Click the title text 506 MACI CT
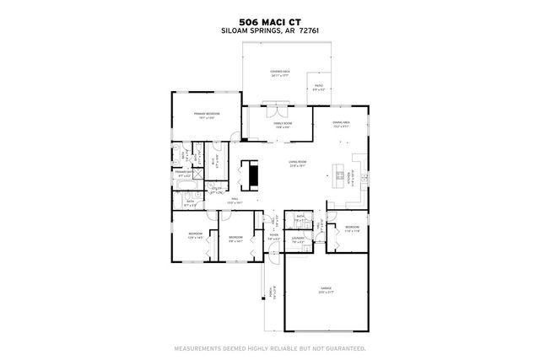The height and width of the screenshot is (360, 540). coord(269,22)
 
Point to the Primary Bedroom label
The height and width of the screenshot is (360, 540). coord(207,115)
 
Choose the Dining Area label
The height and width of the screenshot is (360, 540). coord(341,125)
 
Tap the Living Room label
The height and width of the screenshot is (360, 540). coord(297,164)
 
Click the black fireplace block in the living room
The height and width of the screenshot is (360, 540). coord(250,173)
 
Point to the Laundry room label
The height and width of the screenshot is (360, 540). coord(298,240)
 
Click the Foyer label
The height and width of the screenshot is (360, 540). coord(273,238)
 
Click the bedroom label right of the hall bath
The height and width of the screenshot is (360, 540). coord(351,228)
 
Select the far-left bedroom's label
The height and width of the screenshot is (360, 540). coord(195,236)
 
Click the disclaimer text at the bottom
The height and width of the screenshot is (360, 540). coord(269,347)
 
